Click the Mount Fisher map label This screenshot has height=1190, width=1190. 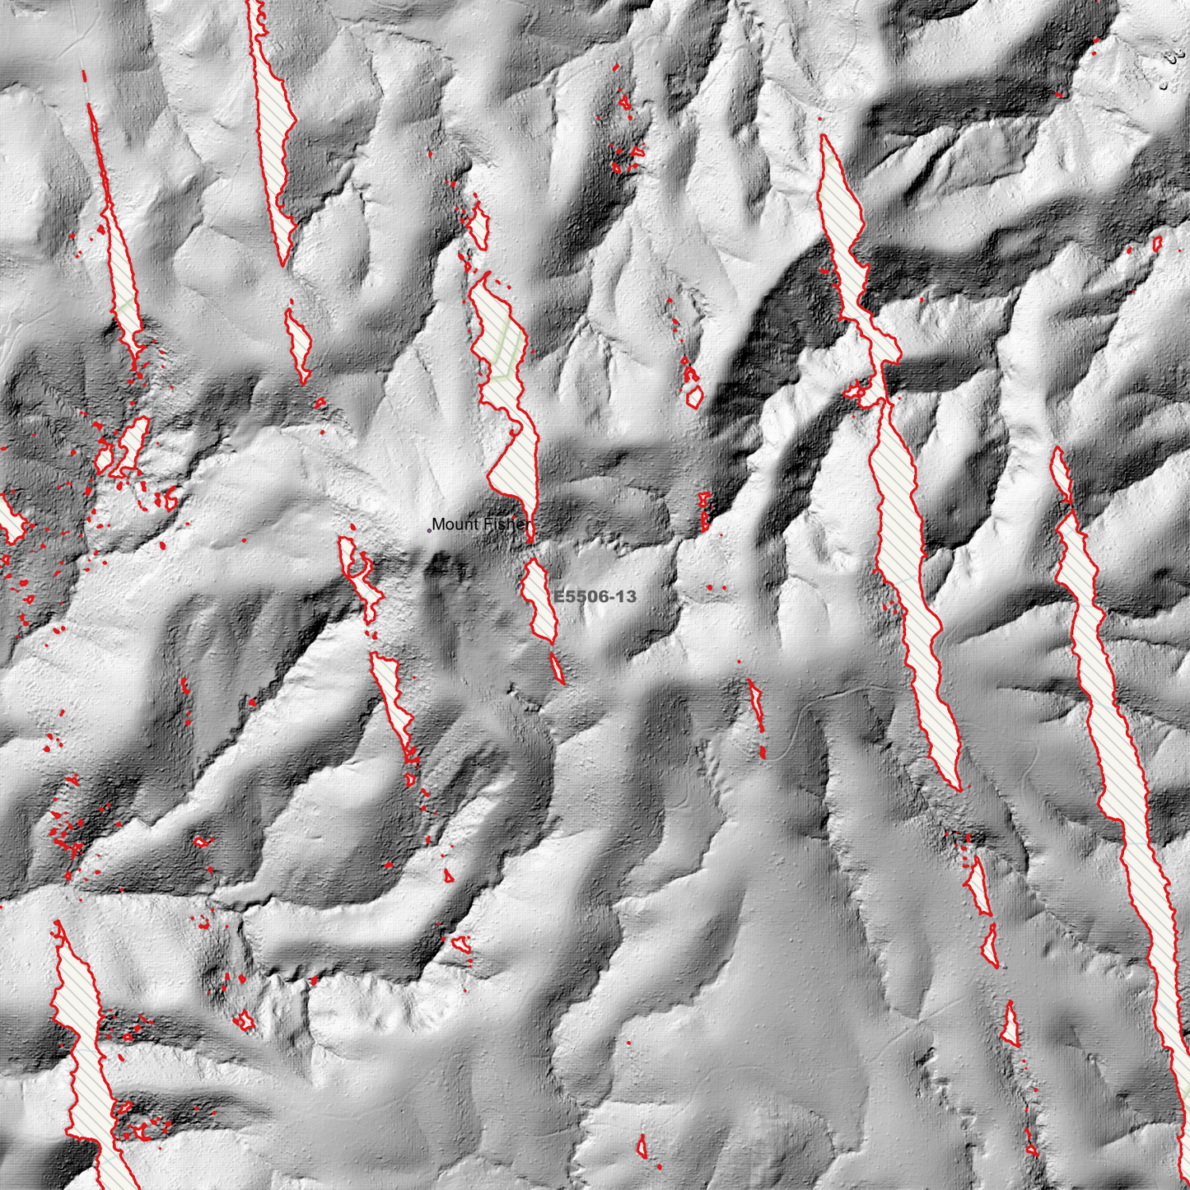coord(481,525)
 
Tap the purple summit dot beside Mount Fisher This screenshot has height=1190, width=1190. coord(429,531)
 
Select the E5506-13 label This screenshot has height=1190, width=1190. coord(595,596)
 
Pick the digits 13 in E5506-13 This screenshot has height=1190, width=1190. coord(627,596)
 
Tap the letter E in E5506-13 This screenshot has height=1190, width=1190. coord(558,596)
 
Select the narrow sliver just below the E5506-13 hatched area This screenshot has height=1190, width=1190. coord(558,668)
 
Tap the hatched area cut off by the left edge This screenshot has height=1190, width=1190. coord(10,519)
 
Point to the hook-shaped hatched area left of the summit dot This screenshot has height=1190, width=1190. coord(359,576)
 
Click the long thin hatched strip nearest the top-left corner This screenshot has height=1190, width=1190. coord(119,255)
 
